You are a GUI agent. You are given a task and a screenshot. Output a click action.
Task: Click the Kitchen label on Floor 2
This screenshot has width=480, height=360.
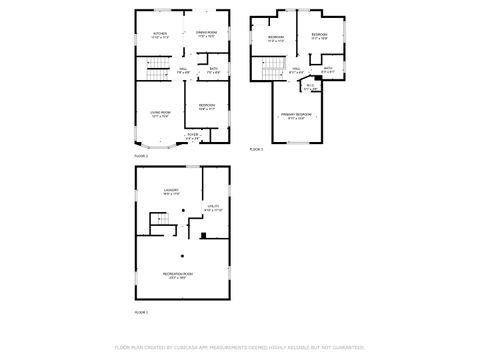coord(159,34)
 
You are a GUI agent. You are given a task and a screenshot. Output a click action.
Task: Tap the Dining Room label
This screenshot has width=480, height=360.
coord(207,34)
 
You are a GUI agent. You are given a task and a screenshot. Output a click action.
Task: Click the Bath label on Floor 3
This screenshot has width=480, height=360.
coord(328,69)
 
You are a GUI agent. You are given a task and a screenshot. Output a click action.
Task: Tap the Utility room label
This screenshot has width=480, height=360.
coord(211,209)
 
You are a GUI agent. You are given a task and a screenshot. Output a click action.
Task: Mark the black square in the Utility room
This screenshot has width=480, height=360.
coord(203,236)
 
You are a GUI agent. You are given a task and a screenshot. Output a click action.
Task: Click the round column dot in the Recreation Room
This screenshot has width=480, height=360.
coord(182,256)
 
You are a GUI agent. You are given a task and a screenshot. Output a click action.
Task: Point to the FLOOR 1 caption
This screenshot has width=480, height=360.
coord(141,312)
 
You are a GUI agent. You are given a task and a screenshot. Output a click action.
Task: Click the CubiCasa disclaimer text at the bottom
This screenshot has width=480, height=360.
coord(239,347)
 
